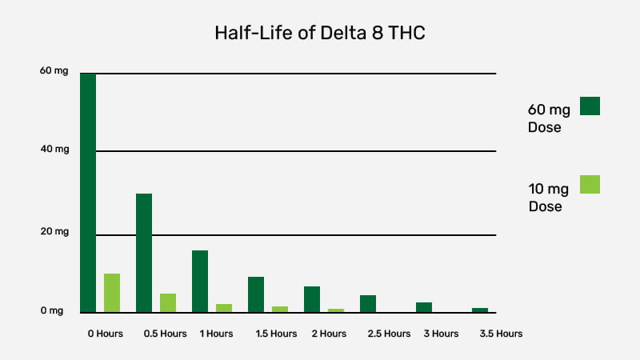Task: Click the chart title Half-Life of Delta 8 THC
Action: [320, 33]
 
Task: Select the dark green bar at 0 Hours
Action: [88, 193]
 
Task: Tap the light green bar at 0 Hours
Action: [112, 293]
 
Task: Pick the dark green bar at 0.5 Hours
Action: [144, 253]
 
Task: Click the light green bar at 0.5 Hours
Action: [168, 303]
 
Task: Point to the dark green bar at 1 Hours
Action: [200, 282]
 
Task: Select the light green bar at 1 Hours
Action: [224, 308]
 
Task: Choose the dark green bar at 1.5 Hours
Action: [256, 294]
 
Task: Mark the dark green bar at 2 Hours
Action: [312, 299]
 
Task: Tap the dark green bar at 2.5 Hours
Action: [368, 304]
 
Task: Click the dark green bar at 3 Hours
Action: [424, 307]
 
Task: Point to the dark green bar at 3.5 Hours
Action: [479, 310]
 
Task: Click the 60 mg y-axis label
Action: [54, 71]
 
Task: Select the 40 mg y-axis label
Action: [54, 150]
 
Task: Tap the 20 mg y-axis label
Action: [54, 231]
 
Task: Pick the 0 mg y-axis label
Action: [52, 310]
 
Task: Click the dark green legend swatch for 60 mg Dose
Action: [590, 106]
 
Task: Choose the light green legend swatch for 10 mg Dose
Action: [590, 185]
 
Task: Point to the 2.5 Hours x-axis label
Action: [389, 334]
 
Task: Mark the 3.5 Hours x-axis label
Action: [501, 334]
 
